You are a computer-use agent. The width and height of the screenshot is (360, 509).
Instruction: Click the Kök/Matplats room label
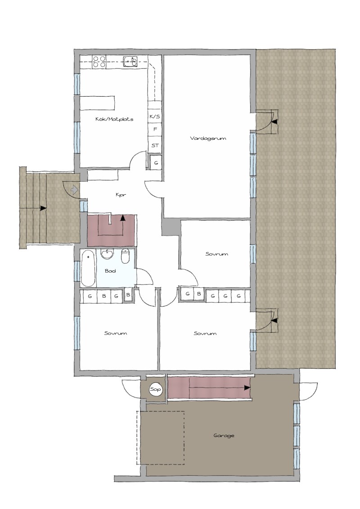[114, 119]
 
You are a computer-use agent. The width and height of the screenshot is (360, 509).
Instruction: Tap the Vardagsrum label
[208, 138]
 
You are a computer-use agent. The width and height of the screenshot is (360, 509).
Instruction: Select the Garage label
[224, 436]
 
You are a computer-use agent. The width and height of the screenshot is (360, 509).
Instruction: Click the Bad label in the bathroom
[110, 271]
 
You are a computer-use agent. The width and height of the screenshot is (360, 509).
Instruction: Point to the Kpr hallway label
[121, 195]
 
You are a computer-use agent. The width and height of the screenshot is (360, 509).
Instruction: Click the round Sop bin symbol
[156, 389]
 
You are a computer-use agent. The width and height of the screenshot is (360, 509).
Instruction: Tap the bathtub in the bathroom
[88, 268]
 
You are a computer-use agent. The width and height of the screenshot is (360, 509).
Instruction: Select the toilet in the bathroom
[126, 256]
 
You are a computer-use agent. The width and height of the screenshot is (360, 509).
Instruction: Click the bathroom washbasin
[107, 254]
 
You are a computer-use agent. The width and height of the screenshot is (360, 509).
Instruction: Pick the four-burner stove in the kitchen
[99, 62]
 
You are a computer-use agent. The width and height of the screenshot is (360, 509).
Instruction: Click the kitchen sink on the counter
[130, 61]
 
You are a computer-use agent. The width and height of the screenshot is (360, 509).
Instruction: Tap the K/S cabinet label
[155, 116]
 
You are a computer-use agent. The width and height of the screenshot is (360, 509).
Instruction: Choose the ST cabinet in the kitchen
[155, 145]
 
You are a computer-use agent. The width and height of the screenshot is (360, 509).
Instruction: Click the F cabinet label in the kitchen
[155, 129]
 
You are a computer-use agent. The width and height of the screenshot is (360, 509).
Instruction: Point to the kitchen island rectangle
[98, 103]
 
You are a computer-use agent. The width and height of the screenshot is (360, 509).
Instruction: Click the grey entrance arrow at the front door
[75, 189]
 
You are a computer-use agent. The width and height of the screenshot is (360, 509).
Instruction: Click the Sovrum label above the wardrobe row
[217, 254]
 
